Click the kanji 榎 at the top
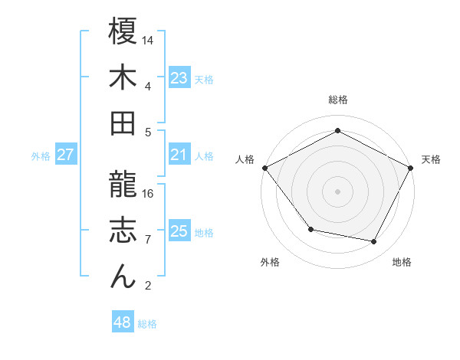click(123, 32)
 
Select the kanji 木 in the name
click(123, 79)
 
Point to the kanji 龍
click(123, 185)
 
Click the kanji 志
click(123, 231)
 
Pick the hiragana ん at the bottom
click(123, 277)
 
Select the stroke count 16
click(149, 193)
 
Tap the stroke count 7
click(147, 239)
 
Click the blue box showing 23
click(179, 77)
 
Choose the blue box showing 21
click(179, 155)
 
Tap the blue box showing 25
click(179, 231)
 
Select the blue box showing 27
click(66, 155)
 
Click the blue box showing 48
click(123, 322)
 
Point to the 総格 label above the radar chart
click(338, 100)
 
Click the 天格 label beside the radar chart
click(431, 159)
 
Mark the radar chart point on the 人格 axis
click(264, 168)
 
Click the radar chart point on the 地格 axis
click(374, 241)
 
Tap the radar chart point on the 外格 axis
click(310, 229)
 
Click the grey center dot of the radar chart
click(338, 191)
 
